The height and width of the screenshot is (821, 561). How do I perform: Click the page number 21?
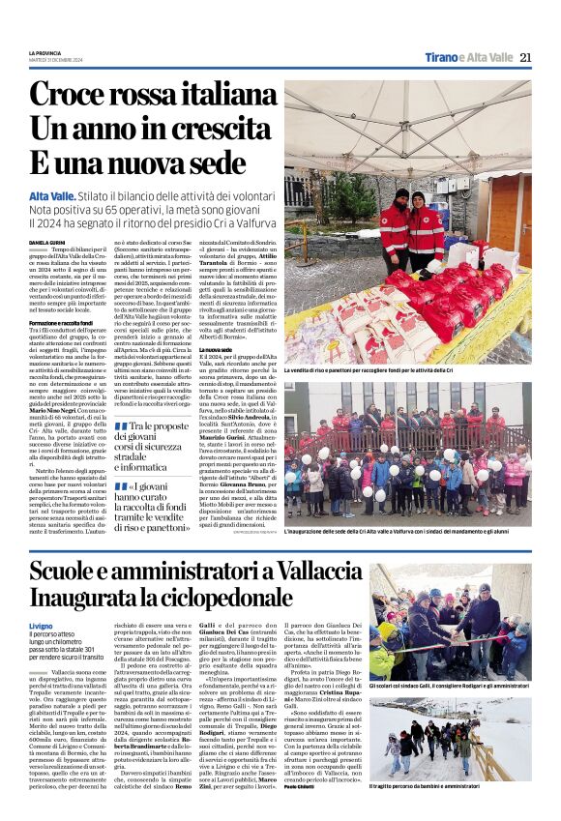pos(525,57)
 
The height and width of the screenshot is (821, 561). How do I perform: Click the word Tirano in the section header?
pos(444,57)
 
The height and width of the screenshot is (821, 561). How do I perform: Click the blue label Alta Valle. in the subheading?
pos(51,195)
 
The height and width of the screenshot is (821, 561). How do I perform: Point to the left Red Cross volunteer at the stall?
pos(394,232)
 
